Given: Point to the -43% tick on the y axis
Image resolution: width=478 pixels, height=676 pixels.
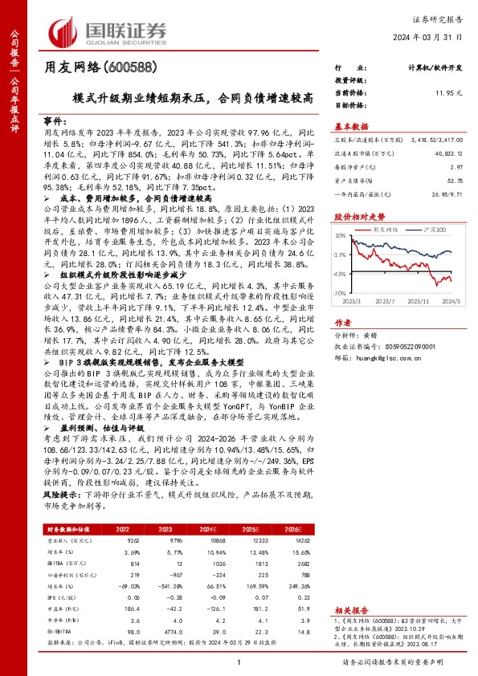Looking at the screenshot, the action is coord(341,274).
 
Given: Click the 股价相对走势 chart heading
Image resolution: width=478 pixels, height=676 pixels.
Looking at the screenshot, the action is coord(353,217).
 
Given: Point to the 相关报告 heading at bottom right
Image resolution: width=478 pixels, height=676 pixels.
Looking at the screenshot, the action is coord(350,611).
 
